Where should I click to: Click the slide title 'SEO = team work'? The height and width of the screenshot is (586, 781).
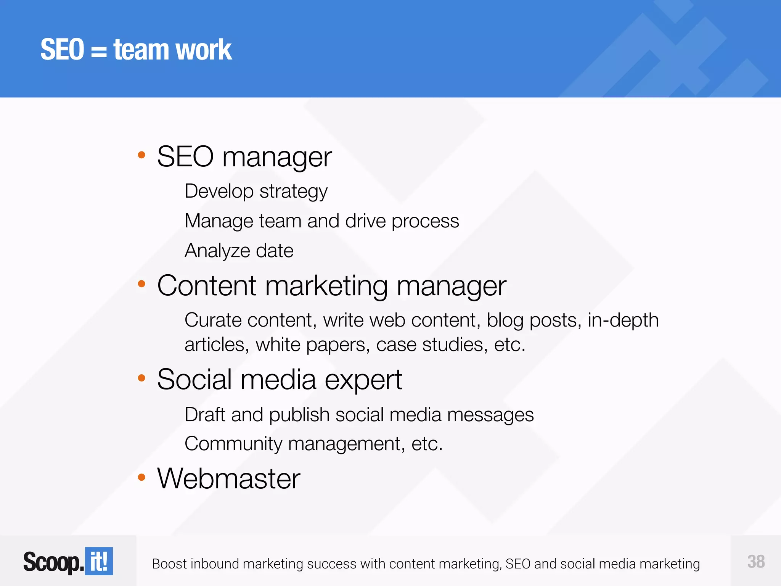click(136, 50)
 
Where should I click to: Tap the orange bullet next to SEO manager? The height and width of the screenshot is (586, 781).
click(141, 155)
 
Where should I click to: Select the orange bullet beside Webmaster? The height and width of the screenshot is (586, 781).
click(141, 477)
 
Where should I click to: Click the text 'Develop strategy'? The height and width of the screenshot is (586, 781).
click(256, 191)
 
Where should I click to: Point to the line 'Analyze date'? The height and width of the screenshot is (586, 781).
click(239, 251)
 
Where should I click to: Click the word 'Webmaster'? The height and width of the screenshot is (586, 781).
click(228, 478)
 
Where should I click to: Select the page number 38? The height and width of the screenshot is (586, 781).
click(756, 562)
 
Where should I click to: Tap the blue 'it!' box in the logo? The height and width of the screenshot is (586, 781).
click(99, 561)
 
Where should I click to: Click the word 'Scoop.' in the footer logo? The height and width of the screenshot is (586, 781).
click(53, 562)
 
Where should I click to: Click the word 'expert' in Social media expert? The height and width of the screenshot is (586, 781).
click(363, 380)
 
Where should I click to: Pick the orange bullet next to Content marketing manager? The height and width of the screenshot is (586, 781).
click(141, 283)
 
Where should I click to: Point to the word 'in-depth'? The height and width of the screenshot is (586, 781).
click(623, 320)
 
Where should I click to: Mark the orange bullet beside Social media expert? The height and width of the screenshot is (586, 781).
click(141, 378)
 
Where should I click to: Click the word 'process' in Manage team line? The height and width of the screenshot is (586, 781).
click(425, 221)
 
